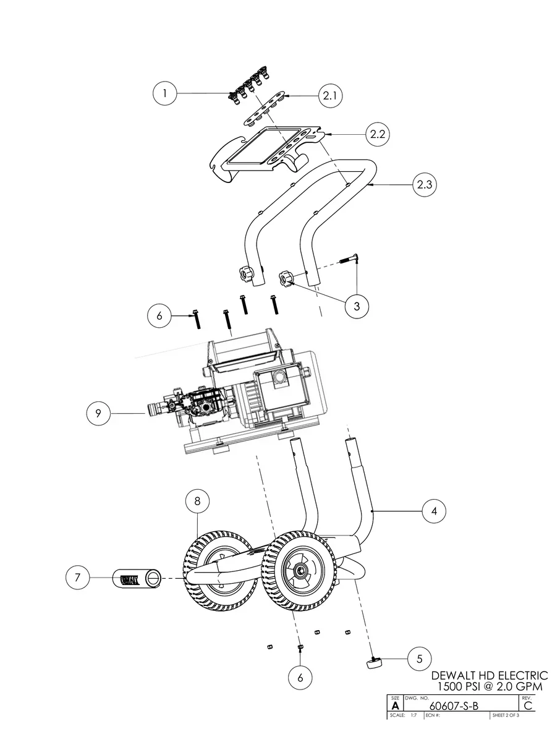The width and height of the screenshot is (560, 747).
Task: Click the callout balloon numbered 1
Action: (165, 94)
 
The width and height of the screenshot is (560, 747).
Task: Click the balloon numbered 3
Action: (357, 305)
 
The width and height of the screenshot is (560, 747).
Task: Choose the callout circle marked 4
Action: (435, 511)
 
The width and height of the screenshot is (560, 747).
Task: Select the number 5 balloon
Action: (420, 658)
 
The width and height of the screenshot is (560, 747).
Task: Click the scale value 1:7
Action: (413, 715)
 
